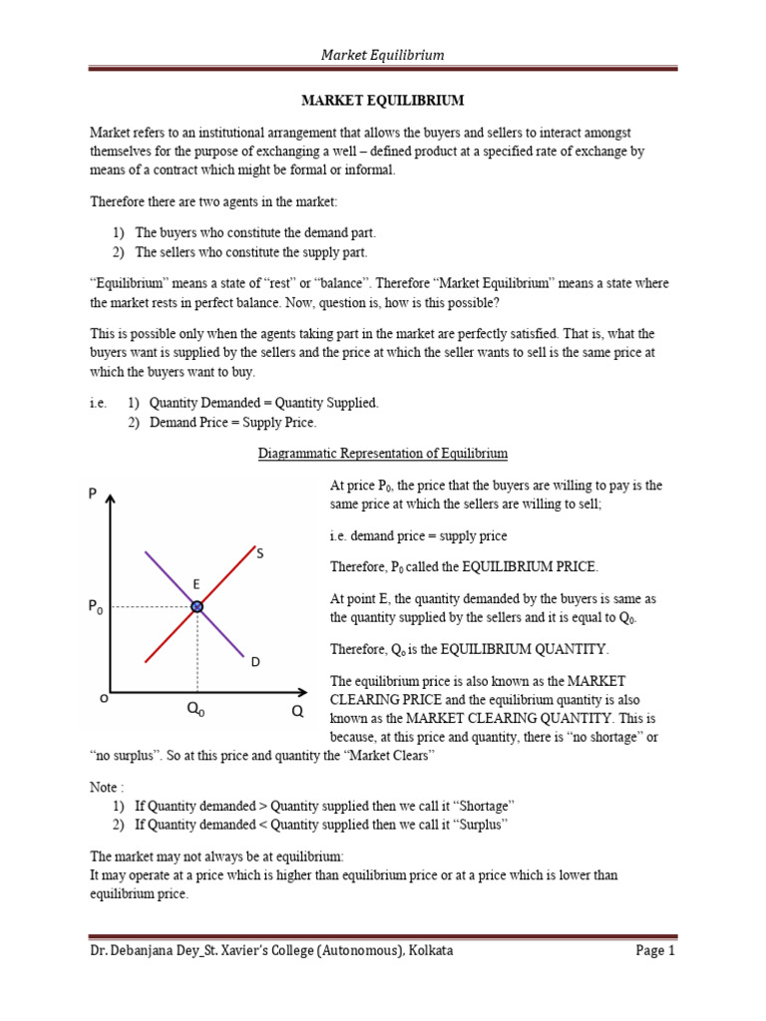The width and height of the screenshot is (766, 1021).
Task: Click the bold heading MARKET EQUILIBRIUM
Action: (x=383, y=101)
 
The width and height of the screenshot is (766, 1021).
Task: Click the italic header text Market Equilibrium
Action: (x=383, y=55)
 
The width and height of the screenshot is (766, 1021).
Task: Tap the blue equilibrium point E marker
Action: (x=197, y=606)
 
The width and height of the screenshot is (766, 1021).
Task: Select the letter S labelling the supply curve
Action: (x=259, y=553)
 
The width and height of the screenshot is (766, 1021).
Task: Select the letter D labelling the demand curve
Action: (x=254, y=662)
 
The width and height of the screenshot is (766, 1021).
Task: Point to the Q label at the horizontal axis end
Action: (x=296, y=713)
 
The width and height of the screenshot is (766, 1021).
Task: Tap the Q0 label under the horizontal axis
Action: (x=195, y=711)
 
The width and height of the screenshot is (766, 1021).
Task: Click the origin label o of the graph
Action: (x=104, y=699)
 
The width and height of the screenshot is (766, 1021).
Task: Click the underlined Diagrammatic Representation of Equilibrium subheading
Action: (x=383, y=454)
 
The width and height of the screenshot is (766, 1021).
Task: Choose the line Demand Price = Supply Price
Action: (x=232, y=423)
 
